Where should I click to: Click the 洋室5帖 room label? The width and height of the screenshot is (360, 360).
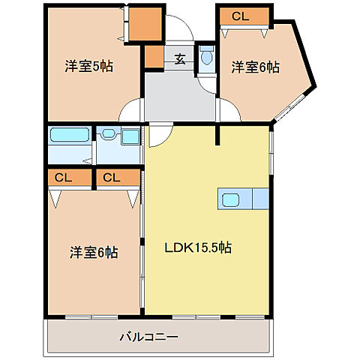(x=88, y=66)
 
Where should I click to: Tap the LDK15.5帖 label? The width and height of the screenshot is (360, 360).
(x=197, y=247)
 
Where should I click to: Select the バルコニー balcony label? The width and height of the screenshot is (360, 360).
(x=148, y=337)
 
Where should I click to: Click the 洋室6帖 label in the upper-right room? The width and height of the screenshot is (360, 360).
(x=255, y=67)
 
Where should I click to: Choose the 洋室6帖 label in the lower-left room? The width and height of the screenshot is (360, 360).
(x=93, y=252)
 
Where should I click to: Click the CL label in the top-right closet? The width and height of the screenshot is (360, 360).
(x=241, y=16)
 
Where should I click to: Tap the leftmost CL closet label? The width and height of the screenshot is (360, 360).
(x=63, y=178)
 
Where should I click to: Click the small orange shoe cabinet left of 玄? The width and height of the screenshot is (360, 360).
(x=154, y=57)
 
